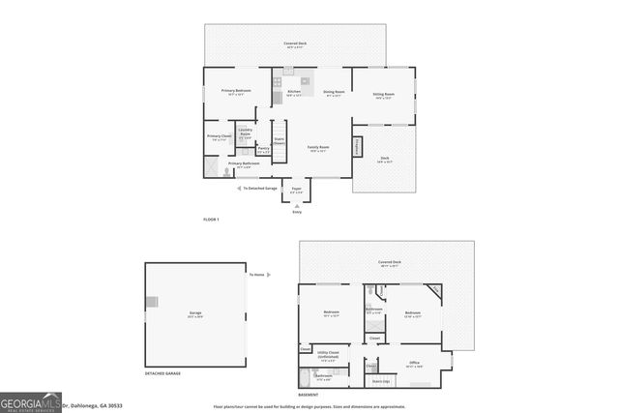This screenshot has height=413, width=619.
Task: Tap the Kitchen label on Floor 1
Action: coord(294,91)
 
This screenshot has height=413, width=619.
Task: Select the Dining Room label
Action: coord(334,92)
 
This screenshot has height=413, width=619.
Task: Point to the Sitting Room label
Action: coord(383,94)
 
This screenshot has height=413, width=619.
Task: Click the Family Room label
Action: coord(316,147)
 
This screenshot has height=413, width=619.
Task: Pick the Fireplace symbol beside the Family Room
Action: coord(359,146)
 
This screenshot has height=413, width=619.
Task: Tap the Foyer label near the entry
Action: coord(297,190)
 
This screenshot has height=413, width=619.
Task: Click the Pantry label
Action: coord(262,148)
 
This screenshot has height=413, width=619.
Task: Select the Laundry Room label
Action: coord(245,132)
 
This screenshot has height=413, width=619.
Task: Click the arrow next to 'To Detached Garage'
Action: coord(239,188)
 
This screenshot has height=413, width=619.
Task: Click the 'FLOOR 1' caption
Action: coord(211,221)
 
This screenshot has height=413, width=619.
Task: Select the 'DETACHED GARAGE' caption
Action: coord(162,373)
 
